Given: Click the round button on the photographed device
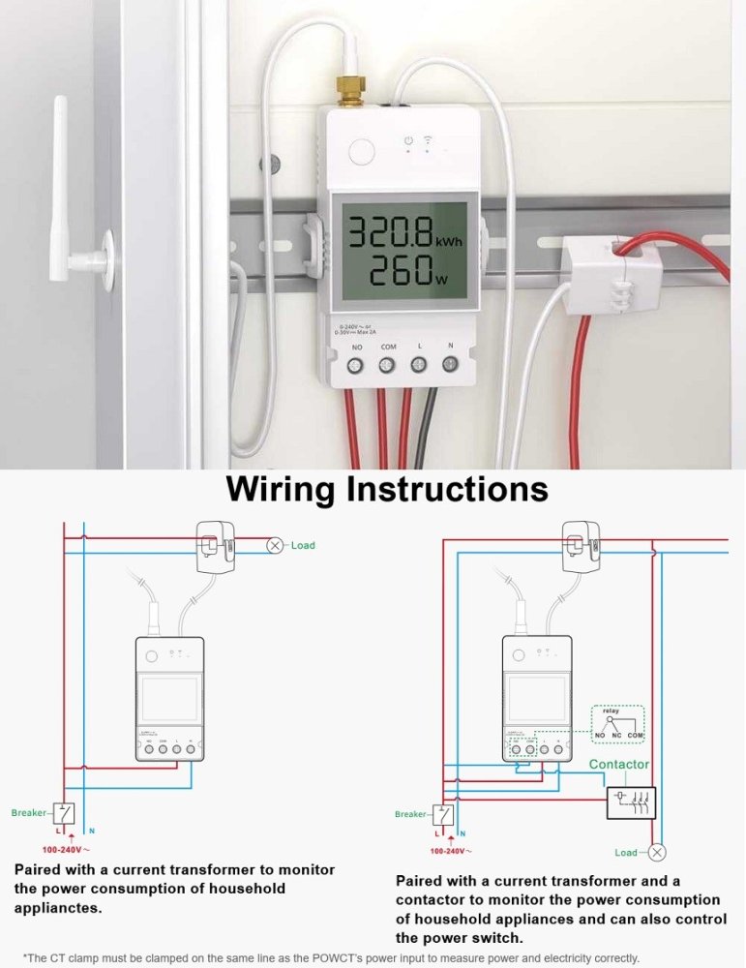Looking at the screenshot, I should coord(362,153).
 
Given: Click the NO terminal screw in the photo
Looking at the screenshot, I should coord(356,366).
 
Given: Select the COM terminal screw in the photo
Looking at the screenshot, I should coord(387,366).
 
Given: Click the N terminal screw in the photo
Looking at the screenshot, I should coord(450,365).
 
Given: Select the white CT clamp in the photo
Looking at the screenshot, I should coord(600,275).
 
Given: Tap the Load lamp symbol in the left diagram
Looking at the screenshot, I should coord(276,545).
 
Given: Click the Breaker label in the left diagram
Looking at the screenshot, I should coord(28,813).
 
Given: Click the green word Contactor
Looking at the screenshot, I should coord(619,765).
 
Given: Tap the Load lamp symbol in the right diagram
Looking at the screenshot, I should coord(657,853).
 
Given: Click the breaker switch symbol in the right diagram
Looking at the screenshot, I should coord(444,815).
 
